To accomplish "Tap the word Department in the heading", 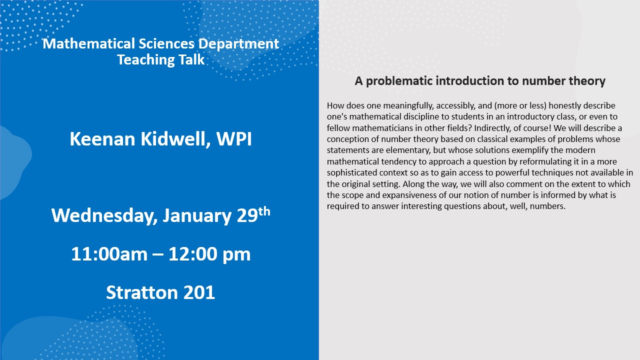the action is point(238,44).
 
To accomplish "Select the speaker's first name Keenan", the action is point(102,139).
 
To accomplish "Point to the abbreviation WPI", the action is point(234,139).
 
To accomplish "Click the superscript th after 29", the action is point(264,211).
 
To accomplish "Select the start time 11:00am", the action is point(109,254).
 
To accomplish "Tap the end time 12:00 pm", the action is point(209,254).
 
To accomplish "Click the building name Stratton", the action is point(141,292).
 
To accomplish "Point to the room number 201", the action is point(199,292).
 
